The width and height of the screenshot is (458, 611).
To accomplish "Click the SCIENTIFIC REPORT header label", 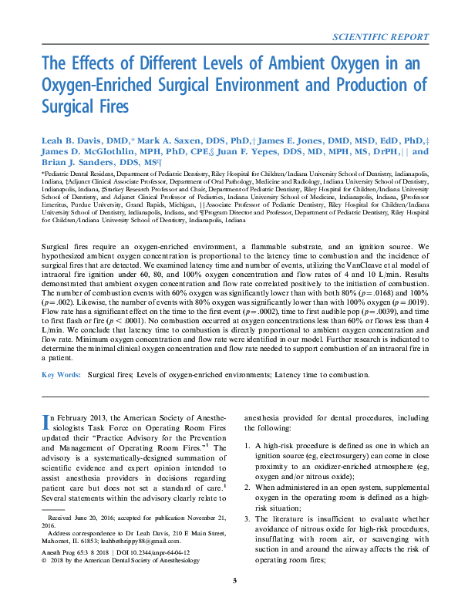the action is tap(379, 36).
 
